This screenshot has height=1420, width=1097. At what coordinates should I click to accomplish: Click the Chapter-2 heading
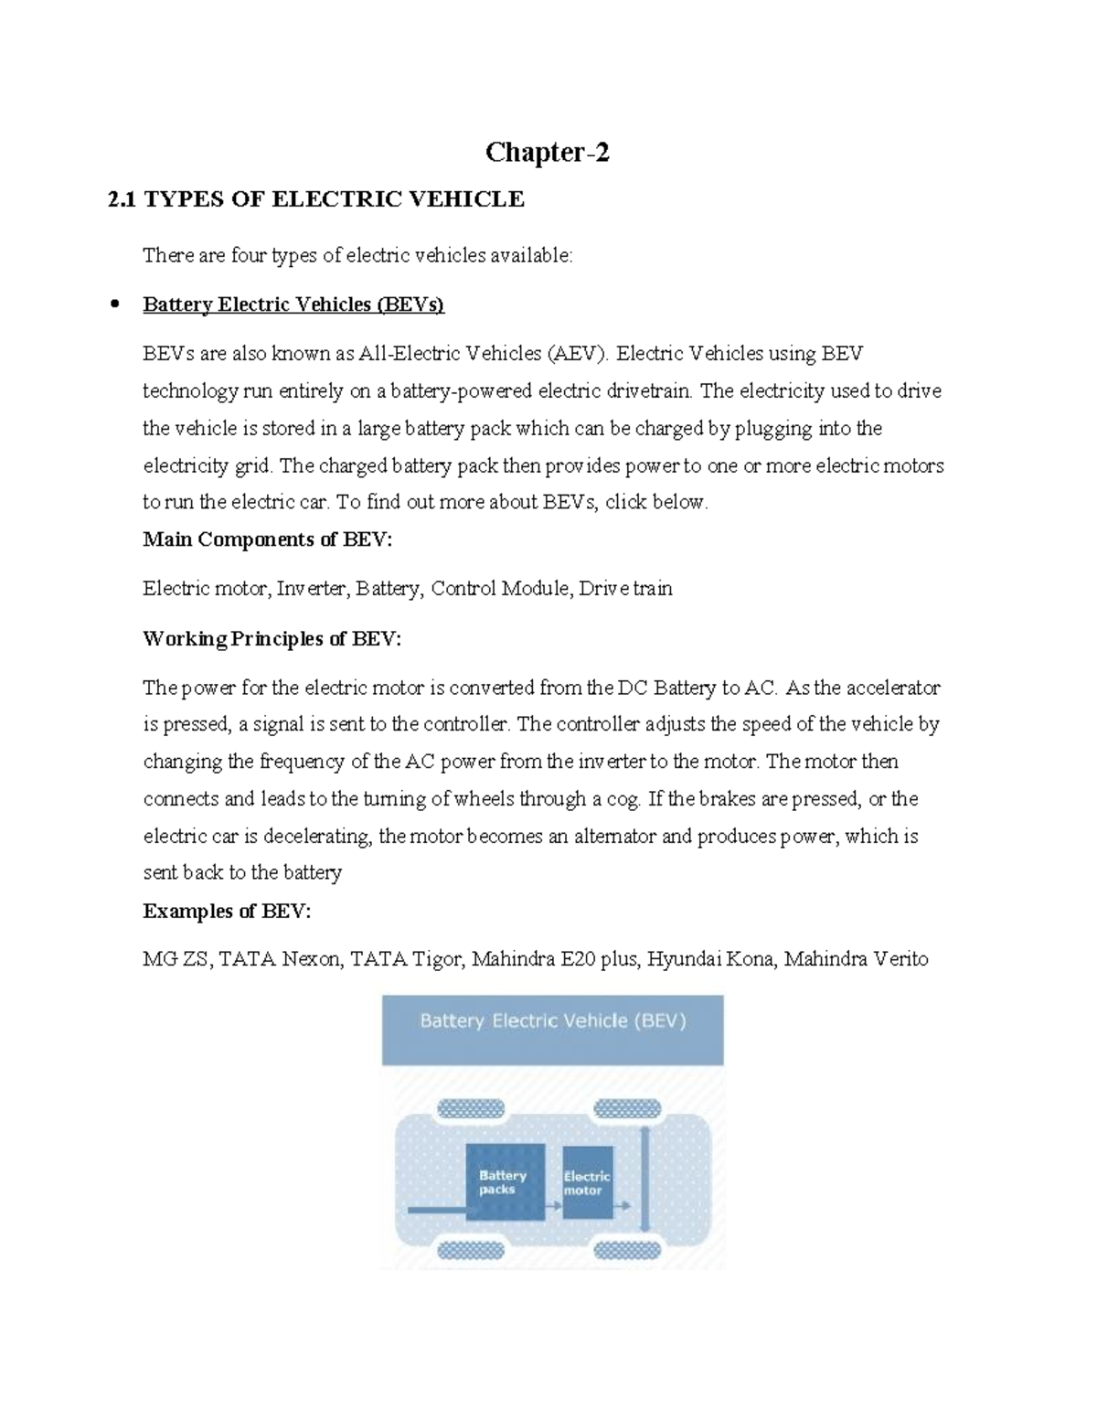click(547, 152)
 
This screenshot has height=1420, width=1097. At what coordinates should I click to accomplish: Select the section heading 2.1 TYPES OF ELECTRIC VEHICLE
click(316, 199)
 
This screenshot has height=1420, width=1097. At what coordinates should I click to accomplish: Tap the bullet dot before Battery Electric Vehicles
click(115, 304)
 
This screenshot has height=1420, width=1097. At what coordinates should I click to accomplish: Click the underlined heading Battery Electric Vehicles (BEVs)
click(293, 304)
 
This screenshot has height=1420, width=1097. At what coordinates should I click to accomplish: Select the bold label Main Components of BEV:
click(267, 539)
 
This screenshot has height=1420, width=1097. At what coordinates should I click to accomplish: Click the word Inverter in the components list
click(312, 588)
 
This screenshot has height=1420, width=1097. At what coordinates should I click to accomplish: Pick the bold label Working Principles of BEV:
click(272, 638)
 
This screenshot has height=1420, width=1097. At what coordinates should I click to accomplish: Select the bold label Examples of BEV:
click(227, 911)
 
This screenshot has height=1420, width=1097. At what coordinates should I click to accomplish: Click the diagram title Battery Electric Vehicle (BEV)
click(552, 1020)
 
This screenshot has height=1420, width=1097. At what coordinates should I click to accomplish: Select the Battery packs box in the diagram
click(506, 1181)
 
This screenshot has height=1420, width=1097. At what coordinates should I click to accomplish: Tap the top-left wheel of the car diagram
click(471, 1109)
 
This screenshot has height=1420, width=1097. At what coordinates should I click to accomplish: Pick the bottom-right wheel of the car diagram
click(627, 1250)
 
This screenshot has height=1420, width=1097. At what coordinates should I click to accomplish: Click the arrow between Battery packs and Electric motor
click(554, 1207)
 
